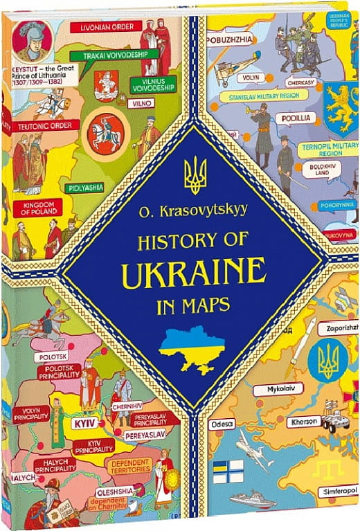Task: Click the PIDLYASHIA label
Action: pyautogui.click(x=84, y=187)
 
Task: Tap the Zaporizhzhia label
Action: pyautogui.click(x=336, y=329)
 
